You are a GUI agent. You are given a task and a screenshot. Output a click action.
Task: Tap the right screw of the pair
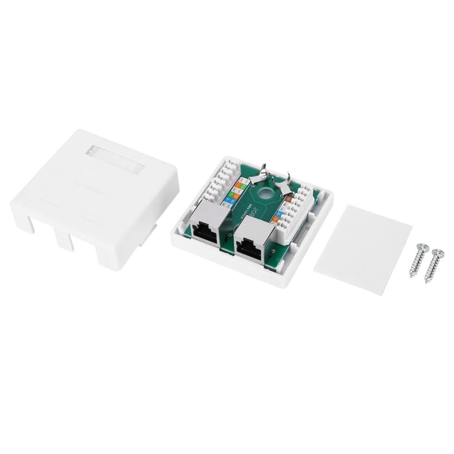[x=434, y=266]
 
